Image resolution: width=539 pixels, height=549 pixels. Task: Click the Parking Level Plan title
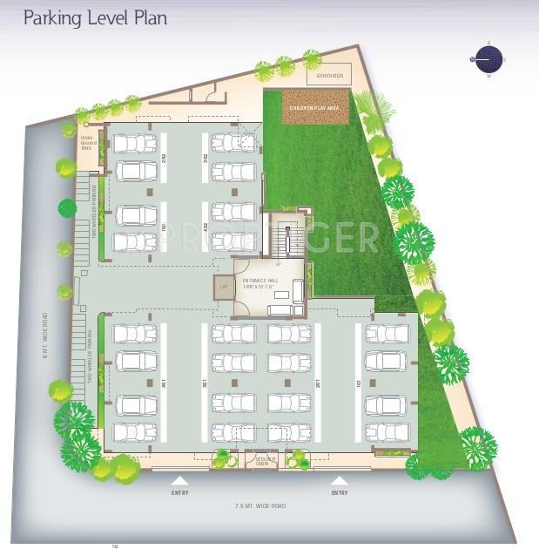95,17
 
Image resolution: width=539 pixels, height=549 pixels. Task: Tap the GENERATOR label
330,76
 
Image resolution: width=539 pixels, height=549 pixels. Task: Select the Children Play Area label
315,107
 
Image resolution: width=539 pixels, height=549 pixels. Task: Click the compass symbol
488,59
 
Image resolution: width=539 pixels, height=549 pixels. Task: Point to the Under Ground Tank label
87,142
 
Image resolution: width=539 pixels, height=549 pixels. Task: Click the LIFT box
224,286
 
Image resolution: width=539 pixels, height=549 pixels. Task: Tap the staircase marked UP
279,237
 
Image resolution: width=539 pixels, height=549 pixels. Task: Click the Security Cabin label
261,462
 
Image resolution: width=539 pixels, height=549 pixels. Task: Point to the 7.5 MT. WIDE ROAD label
260,505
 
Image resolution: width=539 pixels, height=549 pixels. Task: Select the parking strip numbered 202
163,158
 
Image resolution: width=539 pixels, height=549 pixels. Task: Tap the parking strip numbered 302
205,158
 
